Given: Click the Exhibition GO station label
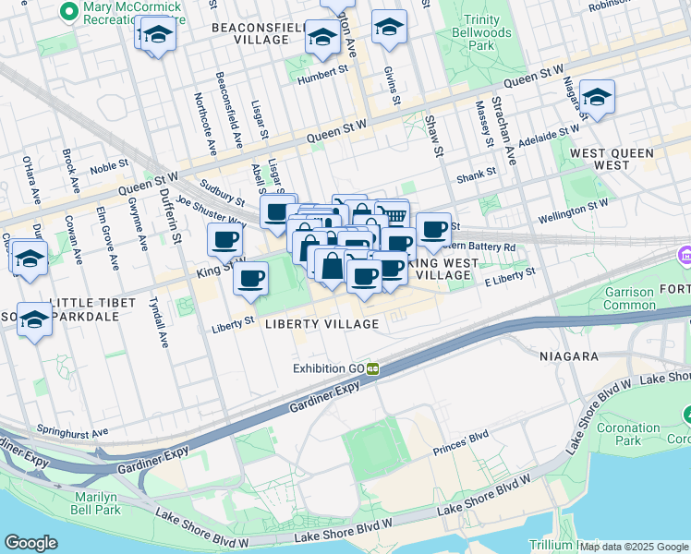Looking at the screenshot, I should click(x=328, y=368).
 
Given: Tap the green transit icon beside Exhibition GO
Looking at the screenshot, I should click(x=372, y=368).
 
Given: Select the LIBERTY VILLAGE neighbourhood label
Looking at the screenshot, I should click(x=321, y=324).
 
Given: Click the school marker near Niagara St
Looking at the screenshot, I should click(x=597, y=98).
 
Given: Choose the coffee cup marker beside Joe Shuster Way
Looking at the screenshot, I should click(x=224, y=241).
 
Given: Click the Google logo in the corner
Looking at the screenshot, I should click(x=31, y=543).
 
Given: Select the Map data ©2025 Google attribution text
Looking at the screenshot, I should click(x=634, y=546).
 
